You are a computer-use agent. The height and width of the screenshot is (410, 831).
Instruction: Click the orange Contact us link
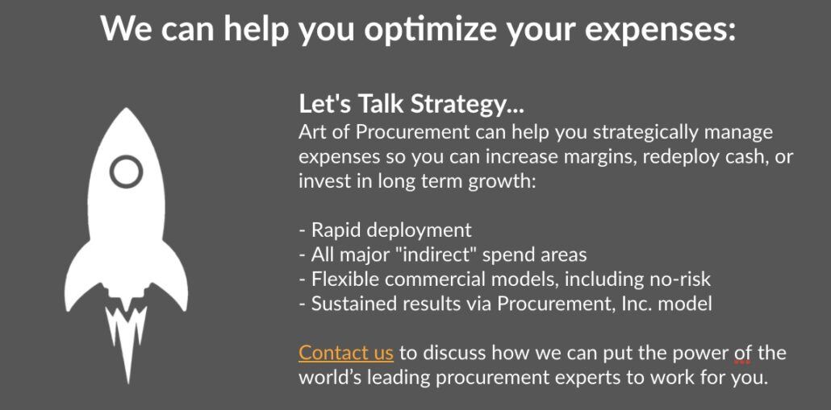pos(346,353)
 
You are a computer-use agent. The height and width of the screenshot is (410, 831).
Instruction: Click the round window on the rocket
pos(126,172)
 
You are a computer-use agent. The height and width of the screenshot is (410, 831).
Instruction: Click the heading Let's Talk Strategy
pos(411,104)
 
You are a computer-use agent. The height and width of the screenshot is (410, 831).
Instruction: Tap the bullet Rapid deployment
pos(386,230)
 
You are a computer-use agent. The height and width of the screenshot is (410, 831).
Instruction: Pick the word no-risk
pos(680,279)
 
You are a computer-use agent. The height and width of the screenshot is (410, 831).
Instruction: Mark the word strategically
pos(644,133)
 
